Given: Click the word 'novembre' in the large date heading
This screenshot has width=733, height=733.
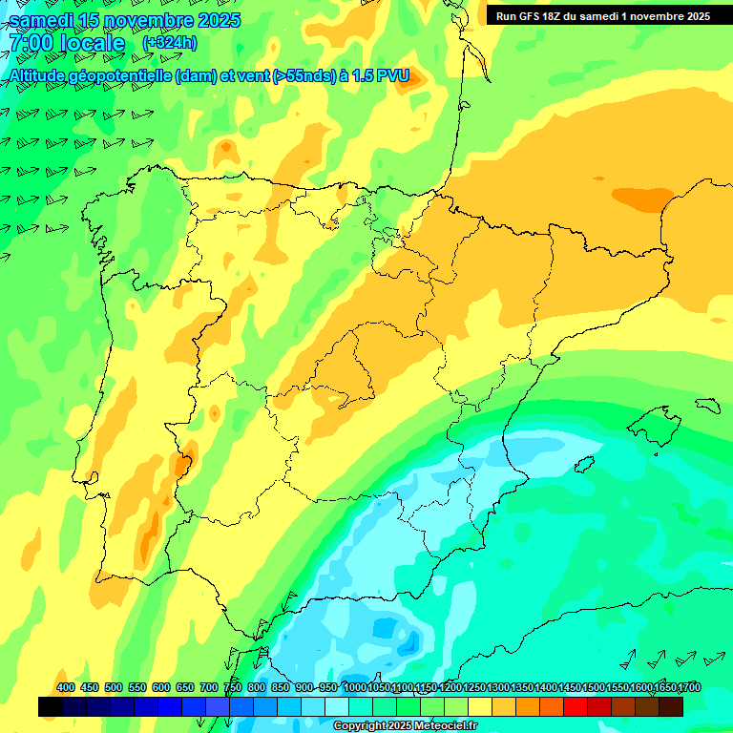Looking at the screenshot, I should [131, 20].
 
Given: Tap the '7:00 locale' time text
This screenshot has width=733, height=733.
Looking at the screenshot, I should [67, 44].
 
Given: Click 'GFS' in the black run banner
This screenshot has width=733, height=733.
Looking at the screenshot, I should [533, 16].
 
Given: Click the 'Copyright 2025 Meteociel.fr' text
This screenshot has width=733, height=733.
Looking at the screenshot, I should [405, 726].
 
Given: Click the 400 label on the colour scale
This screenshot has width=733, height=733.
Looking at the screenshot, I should [65, 687].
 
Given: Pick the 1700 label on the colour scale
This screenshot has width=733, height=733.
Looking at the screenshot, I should [690, 687].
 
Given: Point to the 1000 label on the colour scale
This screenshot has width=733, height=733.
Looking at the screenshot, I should [355, 687].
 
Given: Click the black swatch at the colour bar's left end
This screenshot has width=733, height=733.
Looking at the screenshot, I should [51, 707].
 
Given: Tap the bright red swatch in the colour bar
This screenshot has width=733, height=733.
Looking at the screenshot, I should [576, 707].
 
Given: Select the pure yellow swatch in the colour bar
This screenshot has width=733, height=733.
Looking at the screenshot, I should [480, 707].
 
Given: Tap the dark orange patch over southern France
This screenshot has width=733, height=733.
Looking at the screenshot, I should [641, 199].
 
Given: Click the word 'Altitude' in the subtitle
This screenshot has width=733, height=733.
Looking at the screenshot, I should [43, 76].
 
